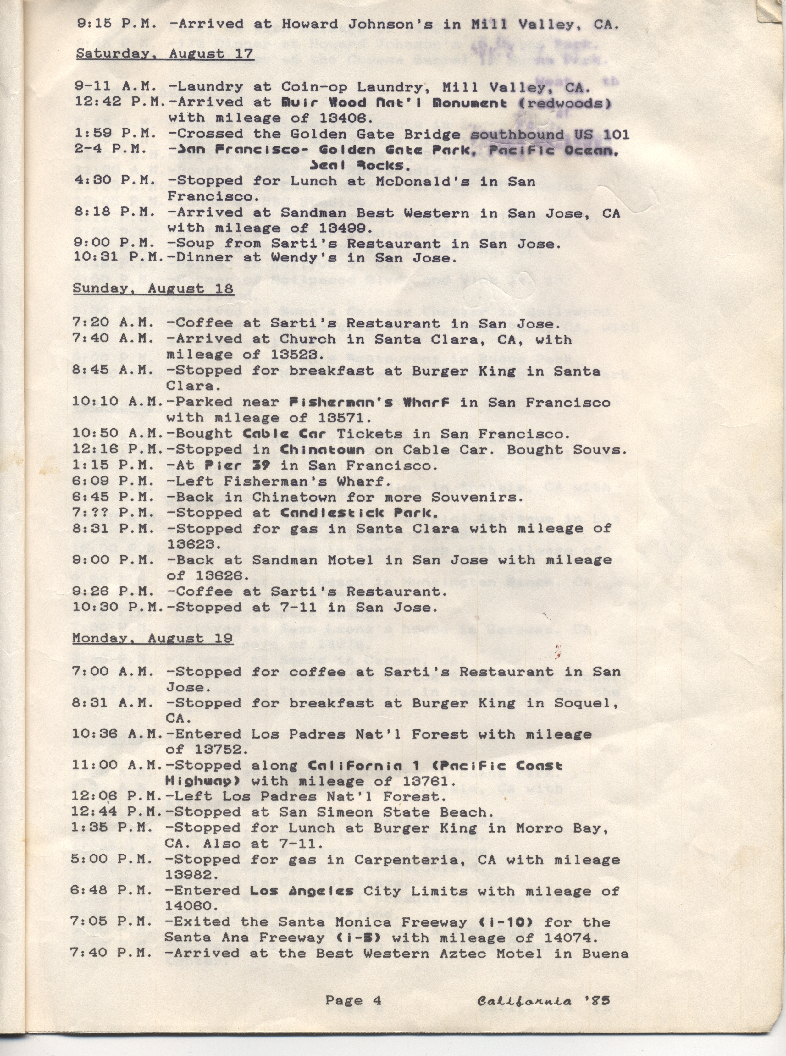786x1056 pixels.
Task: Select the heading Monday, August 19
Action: [152, 638]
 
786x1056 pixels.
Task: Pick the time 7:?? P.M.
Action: [113, 513]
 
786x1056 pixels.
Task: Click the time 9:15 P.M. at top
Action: [113, 24]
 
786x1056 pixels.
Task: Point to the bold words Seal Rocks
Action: [360, 166]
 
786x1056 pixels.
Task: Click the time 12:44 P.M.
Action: [117, 812]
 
